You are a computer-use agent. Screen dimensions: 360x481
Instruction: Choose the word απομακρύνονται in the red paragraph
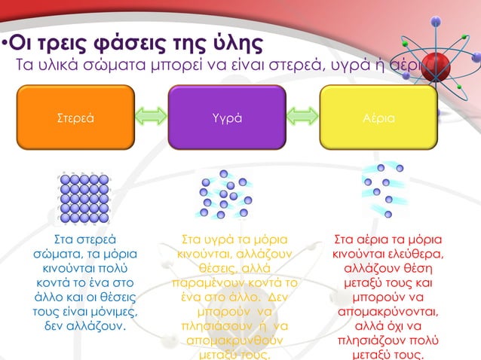(387, 311)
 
